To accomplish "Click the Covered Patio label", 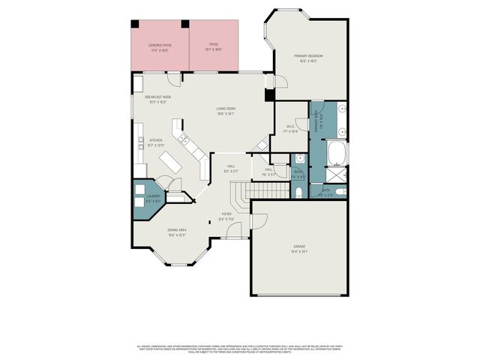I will click(159, 47).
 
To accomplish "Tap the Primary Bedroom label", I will click(308, 58).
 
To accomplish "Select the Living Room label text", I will click(226, 112).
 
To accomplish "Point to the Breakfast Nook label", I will click(158, 99).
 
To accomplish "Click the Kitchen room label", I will click(156, 142).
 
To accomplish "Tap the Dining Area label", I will click(177, 232).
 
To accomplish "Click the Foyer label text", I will click(226, 217).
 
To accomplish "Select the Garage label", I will click(299, 249).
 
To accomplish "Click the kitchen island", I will click(170, 163).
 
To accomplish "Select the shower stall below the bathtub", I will click(338, 175).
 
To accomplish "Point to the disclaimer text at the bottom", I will click(240, 349).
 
